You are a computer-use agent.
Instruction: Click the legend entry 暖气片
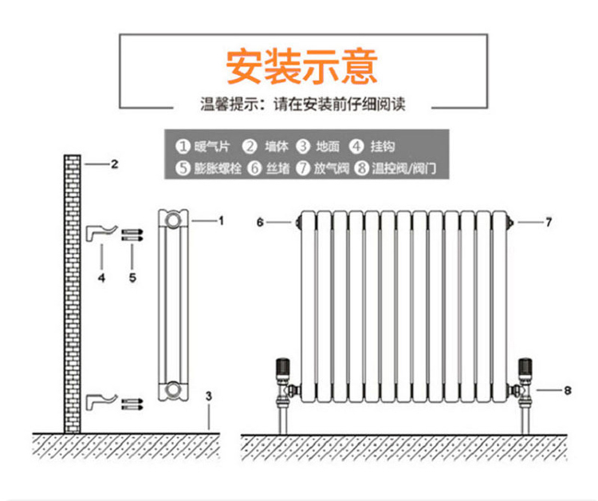204,147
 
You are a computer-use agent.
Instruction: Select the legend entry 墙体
268,147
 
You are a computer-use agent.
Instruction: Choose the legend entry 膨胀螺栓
210,168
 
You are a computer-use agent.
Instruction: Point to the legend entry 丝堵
269,168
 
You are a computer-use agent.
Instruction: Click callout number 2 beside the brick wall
114,165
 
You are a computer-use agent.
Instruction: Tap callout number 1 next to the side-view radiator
221,220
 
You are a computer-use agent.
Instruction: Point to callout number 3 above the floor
208,396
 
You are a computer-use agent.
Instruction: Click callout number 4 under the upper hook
101,278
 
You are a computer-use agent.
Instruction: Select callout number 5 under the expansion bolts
132,278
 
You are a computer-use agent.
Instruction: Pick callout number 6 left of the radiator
260,223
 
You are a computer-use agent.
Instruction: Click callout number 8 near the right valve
567,390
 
